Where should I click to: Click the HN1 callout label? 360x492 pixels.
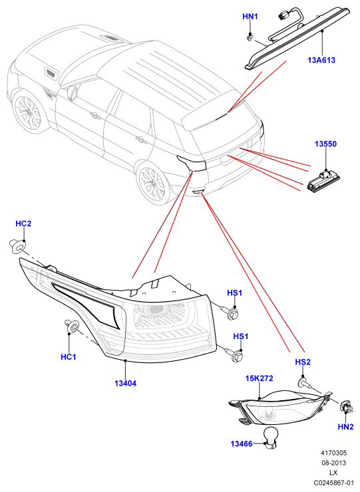point(250,17)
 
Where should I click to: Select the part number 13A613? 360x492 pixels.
point(321,60)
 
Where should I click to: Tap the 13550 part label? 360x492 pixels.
point(325,144)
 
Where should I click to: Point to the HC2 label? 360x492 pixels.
point(23,223)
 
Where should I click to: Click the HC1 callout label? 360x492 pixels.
point(69,357)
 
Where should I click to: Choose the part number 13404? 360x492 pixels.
point(125,383)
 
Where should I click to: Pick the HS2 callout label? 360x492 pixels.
point(303,362)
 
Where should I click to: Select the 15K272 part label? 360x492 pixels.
point(259,378)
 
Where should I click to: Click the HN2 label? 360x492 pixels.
point(345,426)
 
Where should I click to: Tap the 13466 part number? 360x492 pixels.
point(242,443)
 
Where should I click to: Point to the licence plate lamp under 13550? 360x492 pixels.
point(323,182)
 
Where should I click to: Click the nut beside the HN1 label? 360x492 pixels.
point(250,38)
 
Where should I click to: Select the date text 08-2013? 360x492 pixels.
point(333,463)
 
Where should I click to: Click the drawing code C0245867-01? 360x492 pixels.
point(334,483)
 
